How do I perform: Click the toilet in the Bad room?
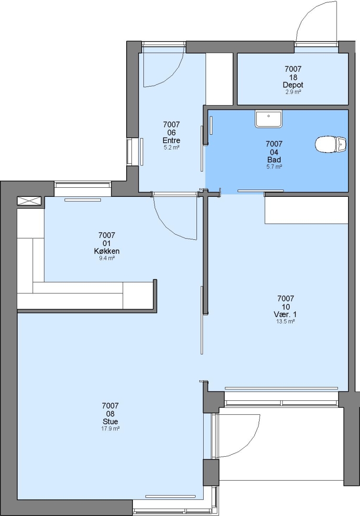(x=331, y=144)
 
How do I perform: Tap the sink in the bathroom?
(x=268, y=119)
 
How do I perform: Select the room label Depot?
(x=293, y=85)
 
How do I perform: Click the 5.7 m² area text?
(x=274, y=167)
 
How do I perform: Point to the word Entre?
(x=171, y=140)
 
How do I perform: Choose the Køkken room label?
(x=107, y=251)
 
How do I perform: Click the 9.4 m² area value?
(x=107, y=258)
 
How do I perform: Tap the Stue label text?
(x=110, y=421)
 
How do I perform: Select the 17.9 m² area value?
(x=110, y=429)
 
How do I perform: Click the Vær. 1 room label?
(x=285, y=314)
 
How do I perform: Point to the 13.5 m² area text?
(x=285, y=322)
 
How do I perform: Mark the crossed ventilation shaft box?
(x=29, y=201)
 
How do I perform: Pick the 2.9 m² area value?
(x=293, y=92)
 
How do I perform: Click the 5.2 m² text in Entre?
(x=171, y=148)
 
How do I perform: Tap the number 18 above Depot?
(x=293, y=77)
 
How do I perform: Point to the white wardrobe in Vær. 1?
(x=306, y=210)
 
